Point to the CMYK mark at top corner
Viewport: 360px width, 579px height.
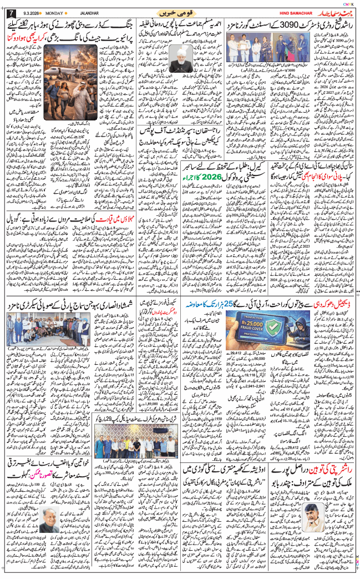click(348, 3)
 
